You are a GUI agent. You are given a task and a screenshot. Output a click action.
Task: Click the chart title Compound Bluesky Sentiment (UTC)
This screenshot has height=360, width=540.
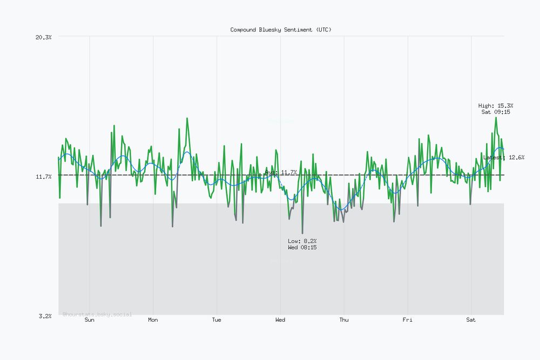coord(281,30)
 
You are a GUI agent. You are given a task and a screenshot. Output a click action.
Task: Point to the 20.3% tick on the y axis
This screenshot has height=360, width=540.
coord(43,37)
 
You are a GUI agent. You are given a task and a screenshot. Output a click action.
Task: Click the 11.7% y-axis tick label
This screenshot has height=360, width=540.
coord(43,176)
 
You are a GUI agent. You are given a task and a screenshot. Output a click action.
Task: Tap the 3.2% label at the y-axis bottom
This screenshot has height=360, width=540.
coord(45,316)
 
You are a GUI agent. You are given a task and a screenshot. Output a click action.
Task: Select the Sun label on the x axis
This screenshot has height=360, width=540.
coord(90,320)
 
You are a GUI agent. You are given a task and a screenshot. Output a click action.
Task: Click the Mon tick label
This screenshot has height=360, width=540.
coord(153,320)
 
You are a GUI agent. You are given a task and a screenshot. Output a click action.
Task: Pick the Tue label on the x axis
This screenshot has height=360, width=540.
coord(217,320)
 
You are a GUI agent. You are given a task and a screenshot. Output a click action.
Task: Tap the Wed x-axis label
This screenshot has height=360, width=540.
coord(280,320)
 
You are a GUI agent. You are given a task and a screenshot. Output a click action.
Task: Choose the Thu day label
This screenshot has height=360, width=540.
coord(344,320)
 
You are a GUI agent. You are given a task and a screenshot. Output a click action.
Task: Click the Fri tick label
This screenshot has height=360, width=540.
coord(407,320)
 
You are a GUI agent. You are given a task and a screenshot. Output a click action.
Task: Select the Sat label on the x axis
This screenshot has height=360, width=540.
coord(471,320)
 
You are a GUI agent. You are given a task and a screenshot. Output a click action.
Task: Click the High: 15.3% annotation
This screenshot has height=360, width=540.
coord(496,106)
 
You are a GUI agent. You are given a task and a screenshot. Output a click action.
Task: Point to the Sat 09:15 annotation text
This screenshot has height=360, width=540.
coord(496,112)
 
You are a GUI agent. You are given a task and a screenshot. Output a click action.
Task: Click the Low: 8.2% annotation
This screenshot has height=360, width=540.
coord(302,241)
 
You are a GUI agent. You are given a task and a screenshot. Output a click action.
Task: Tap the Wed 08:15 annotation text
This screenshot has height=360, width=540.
coord(302,247)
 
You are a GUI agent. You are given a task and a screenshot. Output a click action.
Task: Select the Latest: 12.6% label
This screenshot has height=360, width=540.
coord(503,158)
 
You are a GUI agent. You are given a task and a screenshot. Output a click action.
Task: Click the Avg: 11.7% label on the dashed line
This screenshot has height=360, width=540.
coord(281,172)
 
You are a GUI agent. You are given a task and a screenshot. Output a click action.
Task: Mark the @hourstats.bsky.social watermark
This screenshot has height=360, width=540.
coord(97,314)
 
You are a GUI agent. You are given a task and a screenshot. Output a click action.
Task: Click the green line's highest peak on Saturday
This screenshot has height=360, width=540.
coord(496,118)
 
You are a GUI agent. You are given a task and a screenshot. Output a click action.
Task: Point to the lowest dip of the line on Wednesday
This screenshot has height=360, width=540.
coord(302,233)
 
